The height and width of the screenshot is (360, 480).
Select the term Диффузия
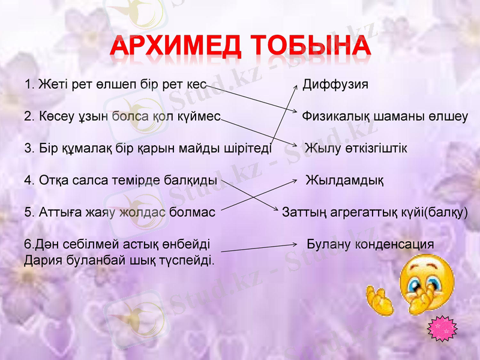335,84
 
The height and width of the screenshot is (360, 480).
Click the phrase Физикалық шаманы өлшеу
385,116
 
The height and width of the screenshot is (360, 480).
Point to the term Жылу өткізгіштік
356,148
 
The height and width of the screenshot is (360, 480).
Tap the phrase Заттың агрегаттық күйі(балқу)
375,212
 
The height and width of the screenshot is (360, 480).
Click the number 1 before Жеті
28,84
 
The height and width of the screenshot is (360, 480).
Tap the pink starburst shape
442,328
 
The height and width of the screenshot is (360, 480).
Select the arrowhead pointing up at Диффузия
295,87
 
